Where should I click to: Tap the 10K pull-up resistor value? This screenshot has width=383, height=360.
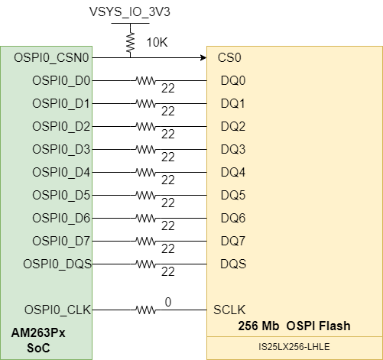(x=157, y=41)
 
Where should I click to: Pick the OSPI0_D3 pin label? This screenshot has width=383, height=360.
(x=61, y=149)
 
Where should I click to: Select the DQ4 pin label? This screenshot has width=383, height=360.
(x=232, y=172)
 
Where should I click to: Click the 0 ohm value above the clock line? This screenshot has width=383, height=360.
(x=168, y=303)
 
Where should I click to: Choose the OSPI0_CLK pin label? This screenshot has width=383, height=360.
(x=57, y=310)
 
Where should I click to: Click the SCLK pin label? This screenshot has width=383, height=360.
(x=230, y=310)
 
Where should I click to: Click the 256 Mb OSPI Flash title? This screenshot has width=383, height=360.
(x=294, y=326)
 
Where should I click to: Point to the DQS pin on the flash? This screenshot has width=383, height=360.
(x=232, y=264)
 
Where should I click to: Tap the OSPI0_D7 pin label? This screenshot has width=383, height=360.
(x=61, y=241)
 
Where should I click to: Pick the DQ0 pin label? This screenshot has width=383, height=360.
(x=232, y=80)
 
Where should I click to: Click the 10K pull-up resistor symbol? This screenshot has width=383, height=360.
(x=130, y=40)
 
